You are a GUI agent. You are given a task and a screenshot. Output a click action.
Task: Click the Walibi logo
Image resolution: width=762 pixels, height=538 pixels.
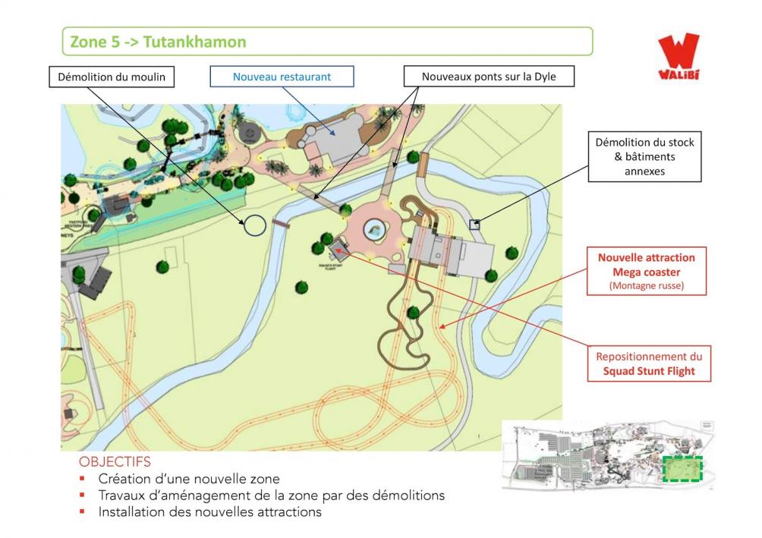coord(678,56)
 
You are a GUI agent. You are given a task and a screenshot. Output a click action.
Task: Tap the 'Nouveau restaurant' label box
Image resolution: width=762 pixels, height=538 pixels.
coord(282,77)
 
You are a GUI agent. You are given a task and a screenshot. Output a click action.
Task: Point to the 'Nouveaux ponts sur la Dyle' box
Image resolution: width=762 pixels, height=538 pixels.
coord(488,77)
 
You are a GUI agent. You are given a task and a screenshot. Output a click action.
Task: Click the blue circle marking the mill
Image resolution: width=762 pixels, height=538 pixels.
coord(254,225)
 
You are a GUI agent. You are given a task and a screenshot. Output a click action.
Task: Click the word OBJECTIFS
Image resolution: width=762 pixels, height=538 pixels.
coord(115,461)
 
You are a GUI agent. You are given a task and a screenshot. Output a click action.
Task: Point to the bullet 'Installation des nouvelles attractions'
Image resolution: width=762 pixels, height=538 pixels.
coord(209,512)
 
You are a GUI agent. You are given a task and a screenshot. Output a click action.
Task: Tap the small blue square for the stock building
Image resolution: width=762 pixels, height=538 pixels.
coord(474,224)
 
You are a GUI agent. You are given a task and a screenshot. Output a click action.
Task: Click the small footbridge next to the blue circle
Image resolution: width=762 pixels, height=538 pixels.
coord(282,224)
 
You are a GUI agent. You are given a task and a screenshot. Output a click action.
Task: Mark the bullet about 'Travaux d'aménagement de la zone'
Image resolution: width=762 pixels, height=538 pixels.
coord(271,496)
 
